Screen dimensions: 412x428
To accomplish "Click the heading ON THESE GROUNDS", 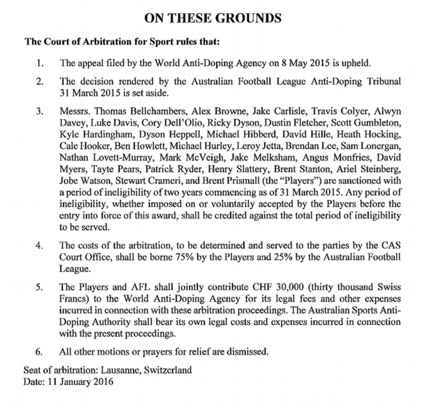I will pos(213,18).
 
